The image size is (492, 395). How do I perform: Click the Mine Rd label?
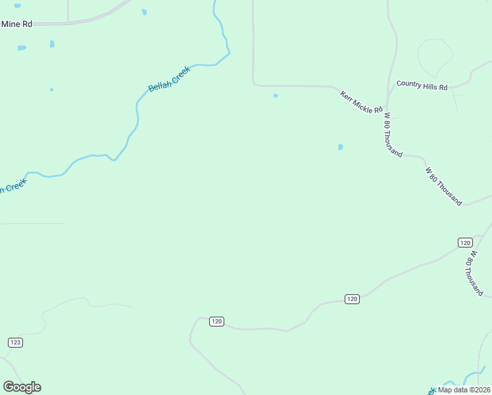[17, 24]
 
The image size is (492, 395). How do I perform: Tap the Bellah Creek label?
[169, 78]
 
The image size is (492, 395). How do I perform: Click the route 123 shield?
[16, 342]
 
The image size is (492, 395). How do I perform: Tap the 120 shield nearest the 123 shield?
[217, 321]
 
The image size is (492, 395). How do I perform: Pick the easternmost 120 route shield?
[465, 242]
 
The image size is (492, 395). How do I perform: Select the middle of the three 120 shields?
[352, 299]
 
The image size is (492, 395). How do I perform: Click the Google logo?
[22, 387]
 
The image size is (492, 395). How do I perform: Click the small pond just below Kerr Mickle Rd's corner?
[276, 95]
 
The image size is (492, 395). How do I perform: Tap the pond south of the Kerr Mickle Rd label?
[340, 147]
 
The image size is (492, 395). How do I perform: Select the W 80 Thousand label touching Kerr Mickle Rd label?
[393, 134]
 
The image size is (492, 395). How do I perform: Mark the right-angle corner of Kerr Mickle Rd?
[254, 84]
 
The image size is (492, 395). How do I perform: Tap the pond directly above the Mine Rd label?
[17, 5]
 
